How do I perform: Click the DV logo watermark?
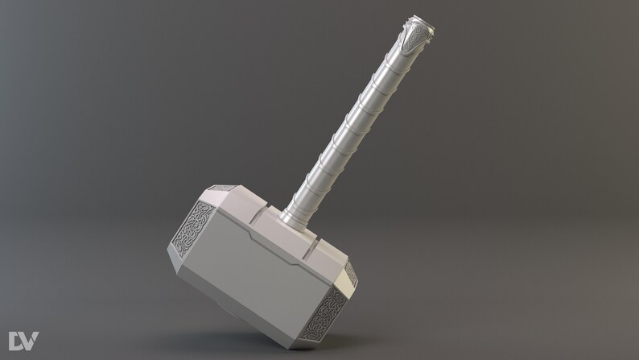click(23, 340)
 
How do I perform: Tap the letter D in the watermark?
click(16, 340)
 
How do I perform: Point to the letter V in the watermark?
click(30, 340)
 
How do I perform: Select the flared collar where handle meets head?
click(292, 215)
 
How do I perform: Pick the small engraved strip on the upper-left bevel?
click(221, 188)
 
